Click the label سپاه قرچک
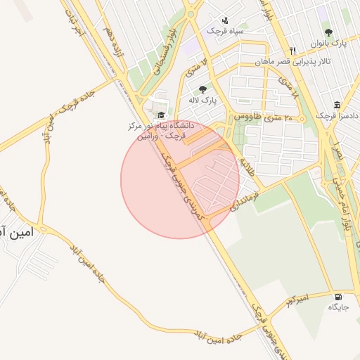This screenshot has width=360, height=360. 224,31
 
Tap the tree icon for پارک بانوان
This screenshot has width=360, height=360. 328,32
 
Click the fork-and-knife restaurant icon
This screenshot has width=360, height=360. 292,51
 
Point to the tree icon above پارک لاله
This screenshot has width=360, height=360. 203,89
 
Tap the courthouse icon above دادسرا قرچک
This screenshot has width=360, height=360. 337,104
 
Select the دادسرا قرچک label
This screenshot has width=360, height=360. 337,115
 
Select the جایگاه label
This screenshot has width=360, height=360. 338,308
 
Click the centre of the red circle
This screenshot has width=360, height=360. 180,179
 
